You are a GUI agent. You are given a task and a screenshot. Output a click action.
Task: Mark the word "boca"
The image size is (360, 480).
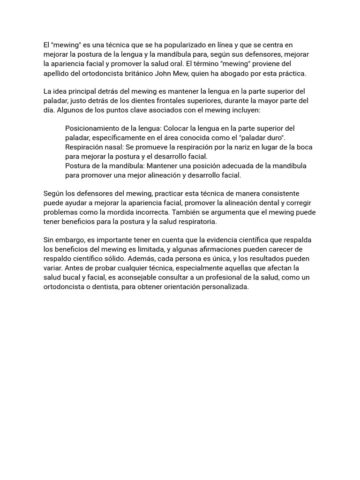click(x=304, y=147)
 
